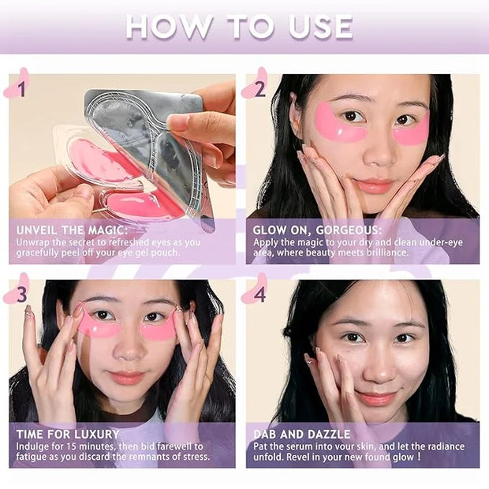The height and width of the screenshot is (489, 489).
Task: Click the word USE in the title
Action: (321, 27)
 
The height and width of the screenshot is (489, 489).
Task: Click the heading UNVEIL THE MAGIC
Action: (72, 230)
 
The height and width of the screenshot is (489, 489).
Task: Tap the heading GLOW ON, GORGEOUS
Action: (317, 230)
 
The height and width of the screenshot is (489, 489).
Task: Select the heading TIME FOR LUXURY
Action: (68, 434)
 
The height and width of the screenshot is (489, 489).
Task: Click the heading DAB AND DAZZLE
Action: (302, 434)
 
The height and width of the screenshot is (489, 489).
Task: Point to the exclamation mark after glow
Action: (420, 457)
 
